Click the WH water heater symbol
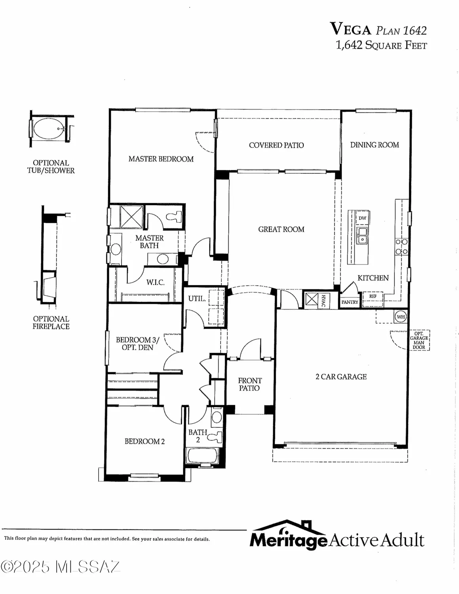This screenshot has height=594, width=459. pos(400,317)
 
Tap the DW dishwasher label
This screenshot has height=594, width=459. pos(362,218)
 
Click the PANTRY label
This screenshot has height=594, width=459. pos(350,302)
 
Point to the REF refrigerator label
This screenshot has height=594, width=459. pos(373,296)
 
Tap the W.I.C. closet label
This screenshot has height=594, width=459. pos(155,282)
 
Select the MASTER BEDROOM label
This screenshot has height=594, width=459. pos(161,159)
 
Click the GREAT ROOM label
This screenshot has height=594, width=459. pos(281,229)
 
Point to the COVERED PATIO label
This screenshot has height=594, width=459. pos(276,145)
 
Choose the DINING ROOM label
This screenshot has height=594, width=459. pos(374,145)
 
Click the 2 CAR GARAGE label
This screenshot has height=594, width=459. pos(341,377)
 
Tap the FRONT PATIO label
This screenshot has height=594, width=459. pos(249,385)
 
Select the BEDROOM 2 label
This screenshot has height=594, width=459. pos(145,441)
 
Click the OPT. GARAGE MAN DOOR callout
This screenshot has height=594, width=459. pos(419,341)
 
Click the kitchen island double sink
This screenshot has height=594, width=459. pos(362,236)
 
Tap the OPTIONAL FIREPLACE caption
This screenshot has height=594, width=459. pos(51,323)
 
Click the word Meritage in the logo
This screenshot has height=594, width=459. pos(288,540)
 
